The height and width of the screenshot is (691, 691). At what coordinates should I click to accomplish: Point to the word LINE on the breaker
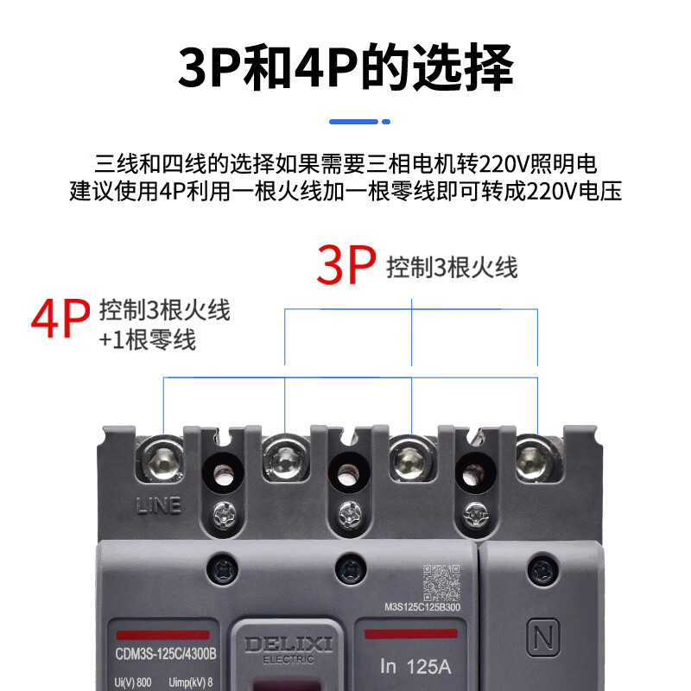[159, 505]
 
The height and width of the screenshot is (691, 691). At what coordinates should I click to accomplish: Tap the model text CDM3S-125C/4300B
[164, 654]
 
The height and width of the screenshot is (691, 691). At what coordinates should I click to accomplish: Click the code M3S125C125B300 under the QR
[424, 606]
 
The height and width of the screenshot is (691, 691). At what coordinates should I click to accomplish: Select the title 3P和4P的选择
[345, 67]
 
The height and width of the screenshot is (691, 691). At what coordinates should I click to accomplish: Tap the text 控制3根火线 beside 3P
[452, 267]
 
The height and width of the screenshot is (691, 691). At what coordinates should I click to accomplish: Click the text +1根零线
[148, 339]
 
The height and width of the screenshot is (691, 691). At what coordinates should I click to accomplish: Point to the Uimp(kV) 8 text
[189, 682]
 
